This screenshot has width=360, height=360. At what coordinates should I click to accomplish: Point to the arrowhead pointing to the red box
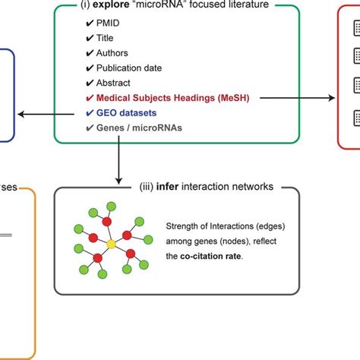332,97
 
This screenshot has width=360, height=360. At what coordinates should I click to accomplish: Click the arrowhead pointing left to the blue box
21,114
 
